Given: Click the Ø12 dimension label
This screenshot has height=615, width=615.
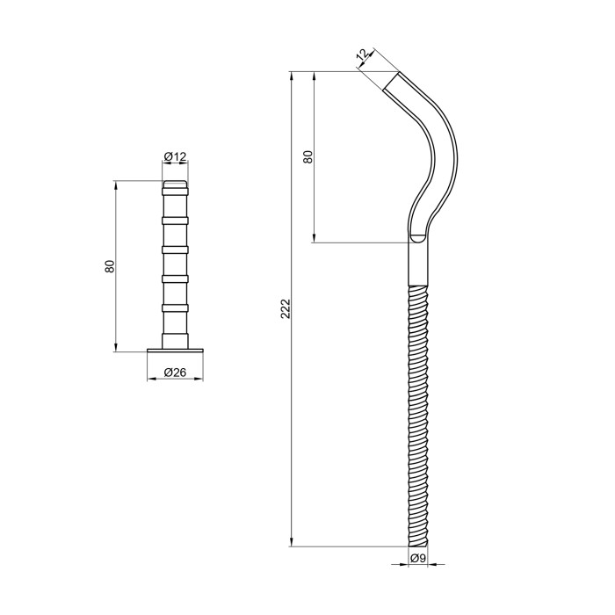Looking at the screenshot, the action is [175, 157].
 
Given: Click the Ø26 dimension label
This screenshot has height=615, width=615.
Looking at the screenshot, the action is [175, 373].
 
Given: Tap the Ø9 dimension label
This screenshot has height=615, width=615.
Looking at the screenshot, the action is [418, 558].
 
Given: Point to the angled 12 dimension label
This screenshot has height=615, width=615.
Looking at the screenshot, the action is [363, 54].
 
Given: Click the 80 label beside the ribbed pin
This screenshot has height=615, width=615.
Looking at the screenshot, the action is [110, 266].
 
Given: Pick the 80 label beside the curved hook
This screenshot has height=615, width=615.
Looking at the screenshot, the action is [308, 157].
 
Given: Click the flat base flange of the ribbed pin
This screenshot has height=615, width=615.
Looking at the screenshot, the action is [175, 350].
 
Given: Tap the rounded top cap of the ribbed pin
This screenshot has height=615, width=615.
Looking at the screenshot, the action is [175, 184].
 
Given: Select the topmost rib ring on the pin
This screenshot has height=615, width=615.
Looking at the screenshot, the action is [175, 192].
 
